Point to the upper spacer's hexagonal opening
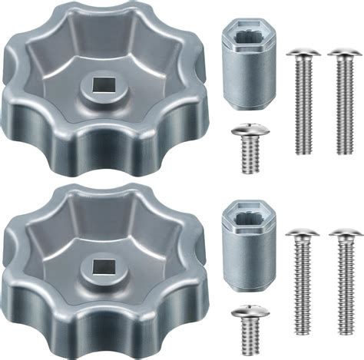click(247, 35)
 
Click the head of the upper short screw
click(247, 136)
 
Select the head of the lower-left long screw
click(302, 233)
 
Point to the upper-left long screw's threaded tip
click(302, 149)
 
